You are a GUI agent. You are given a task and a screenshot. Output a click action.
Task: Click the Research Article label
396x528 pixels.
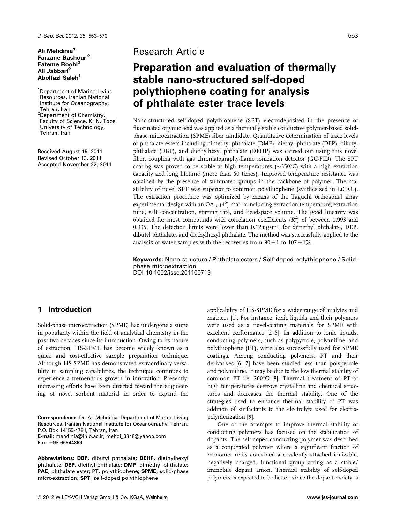pyautogui.click(x=168, y=51)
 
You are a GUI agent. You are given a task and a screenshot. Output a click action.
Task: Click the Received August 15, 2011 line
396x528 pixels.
pyautogui.click(x=70, y=151)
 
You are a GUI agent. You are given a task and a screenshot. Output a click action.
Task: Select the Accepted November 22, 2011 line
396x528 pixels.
pyautogui.click(x=74, y=164)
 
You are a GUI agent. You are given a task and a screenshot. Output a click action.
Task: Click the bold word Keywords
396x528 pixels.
pyautogui.click(x=148, y=260)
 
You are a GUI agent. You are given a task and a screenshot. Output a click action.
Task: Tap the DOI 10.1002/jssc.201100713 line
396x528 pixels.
pyautogui.click(x=172, y=273)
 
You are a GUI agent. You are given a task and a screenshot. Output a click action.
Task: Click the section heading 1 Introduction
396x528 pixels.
pyautogui.click(x=64, y=309)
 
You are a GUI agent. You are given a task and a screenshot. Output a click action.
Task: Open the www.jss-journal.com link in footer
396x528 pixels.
pyautogui.click(x=332, y=497)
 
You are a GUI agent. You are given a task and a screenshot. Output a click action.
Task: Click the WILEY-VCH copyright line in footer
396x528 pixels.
pyautogui.click(x=102, y=497)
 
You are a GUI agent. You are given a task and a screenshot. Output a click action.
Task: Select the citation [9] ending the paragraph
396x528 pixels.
pyautogui.click(x=250, y=417)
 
